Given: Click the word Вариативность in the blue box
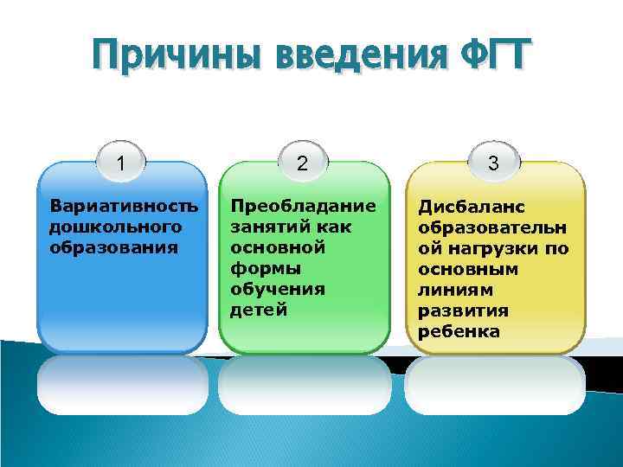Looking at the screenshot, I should (124, 207).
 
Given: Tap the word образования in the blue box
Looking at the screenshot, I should (114, 247).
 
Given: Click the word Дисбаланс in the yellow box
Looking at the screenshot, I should (472, 207).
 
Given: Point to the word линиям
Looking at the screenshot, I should (455, 290).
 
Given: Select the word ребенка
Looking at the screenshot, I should (459, 331).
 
